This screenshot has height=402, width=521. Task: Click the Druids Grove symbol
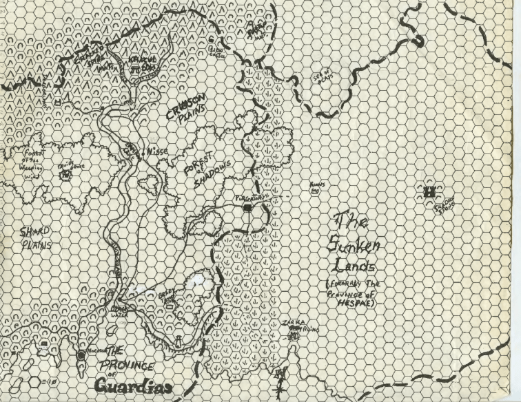(65, 176)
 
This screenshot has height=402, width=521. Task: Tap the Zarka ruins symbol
(294, 336)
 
